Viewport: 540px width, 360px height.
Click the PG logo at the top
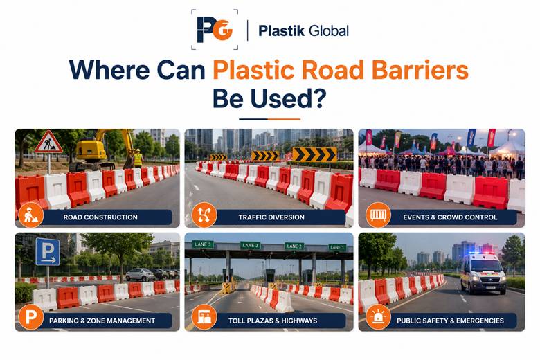215,30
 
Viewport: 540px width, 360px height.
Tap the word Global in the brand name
329,30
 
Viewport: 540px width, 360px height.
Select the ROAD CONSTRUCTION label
100,217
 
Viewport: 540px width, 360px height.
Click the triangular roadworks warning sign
48,143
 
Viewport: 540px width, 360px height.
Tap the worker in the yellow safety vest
138,159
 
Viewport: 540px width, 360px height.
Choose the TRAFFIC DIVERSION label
271,217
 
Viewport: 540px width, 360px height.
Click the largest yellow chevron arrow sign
314,154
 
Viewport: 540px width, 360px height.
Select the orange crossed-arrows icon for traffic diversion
204,215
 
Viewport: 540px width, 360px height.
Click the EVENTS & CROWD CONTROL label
450,217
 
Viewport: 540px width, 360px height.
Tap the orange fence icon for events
378,215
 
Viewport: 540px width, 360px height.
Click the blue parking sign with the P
48,252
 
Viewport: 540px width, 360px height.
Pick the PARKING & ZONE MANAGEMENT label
102,321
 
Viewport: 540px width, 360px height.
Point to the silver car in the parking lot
140,275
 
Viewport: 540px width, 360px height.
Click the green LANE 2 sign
294,246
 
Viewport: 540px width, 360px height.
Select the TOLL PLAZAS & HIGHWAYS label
273,321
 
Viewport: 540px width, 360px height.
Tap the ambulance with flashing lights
483,273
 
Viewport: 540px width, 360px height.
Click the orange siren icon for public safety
378,317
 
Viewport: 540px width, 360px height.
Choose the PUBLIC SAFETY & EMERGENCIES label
450,321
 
